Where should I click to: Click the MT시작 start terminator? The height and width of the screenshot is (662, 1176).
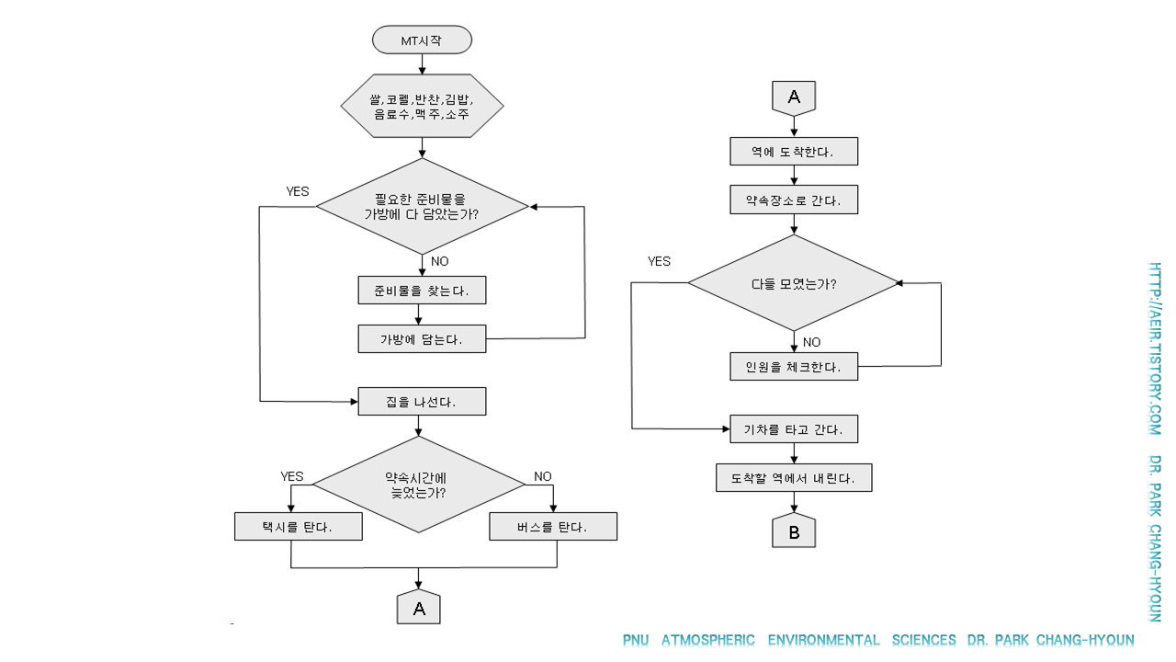tap(422, 40)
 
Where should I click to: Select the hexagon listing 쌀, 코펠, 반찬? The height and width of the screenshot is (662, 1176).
tap(422, 106)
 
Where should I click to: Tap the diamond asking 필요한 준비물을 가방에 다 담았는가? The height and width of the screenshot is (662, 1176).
tap(422, 206)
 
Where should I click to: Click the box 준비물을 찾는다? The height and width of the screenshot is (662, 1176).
tap(422, 291)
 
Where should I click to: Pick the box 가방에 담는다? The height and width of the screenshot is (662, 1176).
tap(422, 338)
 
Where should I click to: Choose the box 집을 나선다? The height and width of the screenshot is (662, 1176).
tap(422, 402)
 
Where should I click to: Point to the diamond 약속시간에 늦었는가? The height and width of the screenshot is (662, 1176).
tap(419, 485)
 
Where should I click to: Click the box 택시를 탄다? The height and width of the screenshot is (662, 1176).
tap(298, 527)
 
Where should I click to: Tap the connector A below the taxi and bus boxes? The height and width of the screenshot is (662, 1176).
tap(419, 608)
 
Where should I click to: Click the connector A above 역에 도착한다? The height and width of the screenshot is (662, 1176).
tap(794, 97)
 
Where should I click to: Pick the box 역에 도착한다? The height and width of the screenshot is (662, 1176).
tap(794, 152)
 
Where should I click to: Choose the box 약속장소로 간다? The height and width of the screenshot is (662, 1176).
tap(794, 200)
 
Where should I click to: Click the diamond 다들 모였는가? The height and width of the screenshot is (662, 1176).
tap(794, 283)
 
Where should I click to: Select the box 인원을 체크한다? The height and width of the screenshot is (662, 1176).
tap(794, 366)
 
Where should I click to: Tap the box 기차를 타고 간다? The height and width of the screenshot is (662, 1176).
tap(794, 428)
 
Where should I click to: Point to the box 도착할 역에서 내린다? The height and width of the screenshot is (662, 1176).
tap(794, 478)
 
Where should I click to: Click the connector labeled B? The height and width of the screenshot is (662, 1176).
tap(794, 531)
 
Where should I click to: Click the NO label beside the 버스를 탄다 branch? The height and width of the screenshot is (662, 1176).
tap(543, 476)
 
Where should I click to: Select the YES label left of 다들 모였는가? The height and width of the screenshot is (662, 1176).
tap(659, 261)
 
